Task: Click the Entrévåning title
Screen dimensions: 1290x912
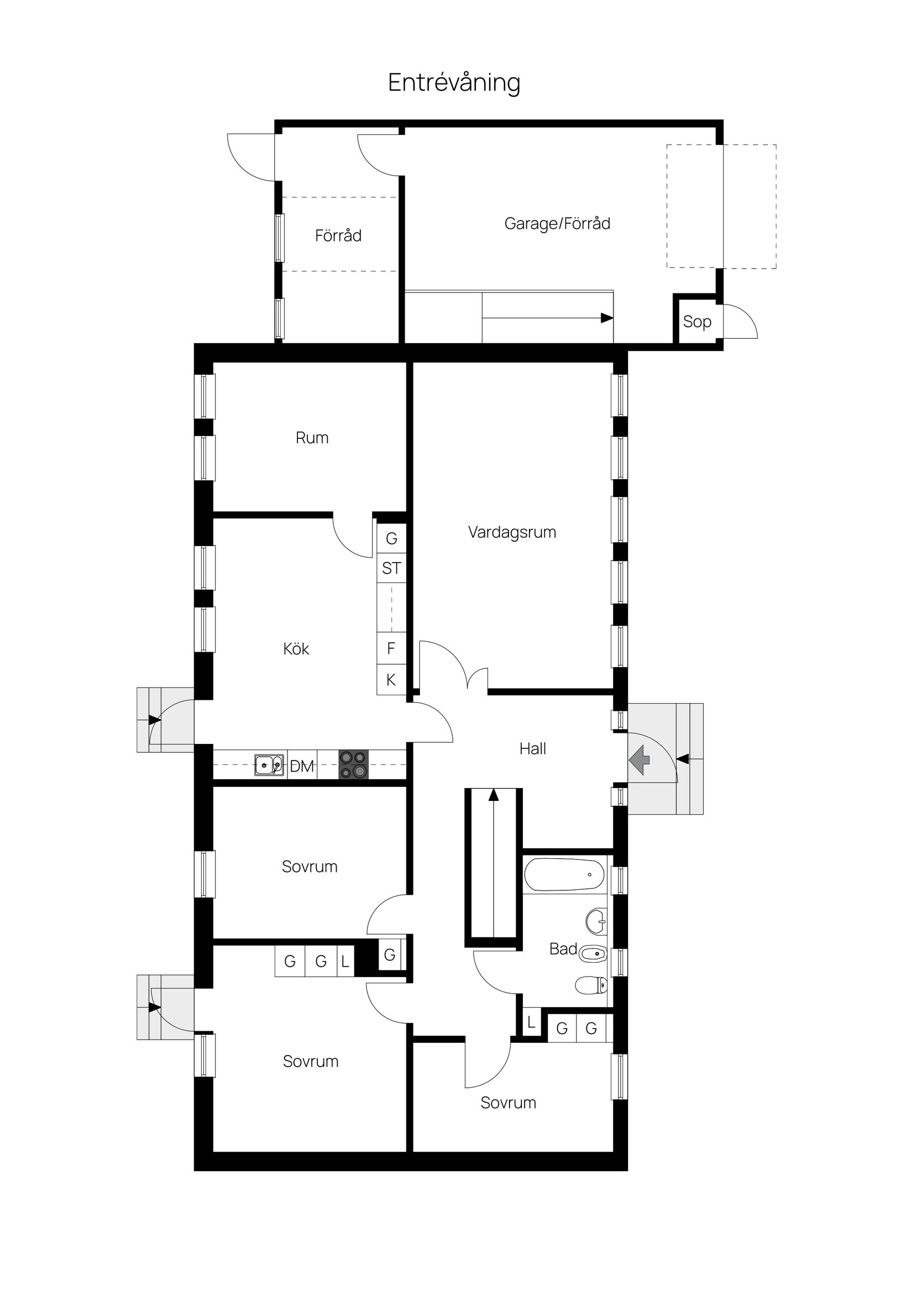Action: pyautogui.click(x=454, y=82)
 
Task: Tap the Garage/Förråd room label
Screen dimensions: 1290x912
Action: pyautogui.click(x=557, y=224)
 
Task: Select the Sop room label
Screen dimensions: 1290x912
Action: pyautogui.click(x=697, y=322)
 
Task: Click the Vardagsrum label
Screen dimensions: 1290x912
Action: pyautogui.click(x=512, y=532)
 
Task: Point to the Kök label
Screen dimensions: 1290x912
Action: pyautogui.click(x=296, y=649)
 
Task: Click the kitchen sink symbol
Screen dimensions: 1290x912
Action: pyautogui.click(x=269, y=765)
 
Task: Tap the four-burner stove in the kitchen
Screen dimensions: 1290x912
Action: pyautogui.click(x=353, y=765)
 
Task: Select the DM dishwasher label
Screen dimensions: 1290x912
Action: pyautogui.click(x=302, y=766)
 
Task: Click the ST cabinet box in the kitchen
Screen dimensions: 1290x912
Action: pyautogui.click(x=391, y=569)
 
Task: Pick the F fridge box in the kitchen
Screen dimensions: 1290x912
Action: pyautogui.click(x=391, y=648)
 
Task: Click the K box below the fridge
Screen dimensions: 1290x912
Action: pyautogui.click(x=391, y=680)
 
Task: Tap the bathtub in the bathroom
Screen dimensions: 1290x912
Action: pyautogui.click(x=564, y=874)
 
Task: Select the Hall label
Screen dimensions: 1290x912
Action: pyautogui.click(x=533, y=748)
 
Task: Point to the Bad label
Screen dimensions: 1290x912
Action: pyautogui.click(x=563, y=949)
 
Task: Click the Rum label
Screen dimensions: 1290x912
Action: pyautogui.click(x=312, y=438)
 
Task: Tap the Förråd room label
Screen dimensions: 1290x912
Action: pyautogui.click(x=338, y=235)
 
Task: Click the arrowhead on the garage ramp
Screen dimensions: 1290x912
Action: pyautogui.click(x=606, y=318)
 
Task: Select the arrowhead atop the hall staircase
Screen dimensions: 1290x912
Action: pyautogui.click(x=494, y=794)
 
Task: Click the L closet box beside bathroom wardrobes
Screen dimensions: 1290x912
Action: pyautogui.click(x=531, y=1022)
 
